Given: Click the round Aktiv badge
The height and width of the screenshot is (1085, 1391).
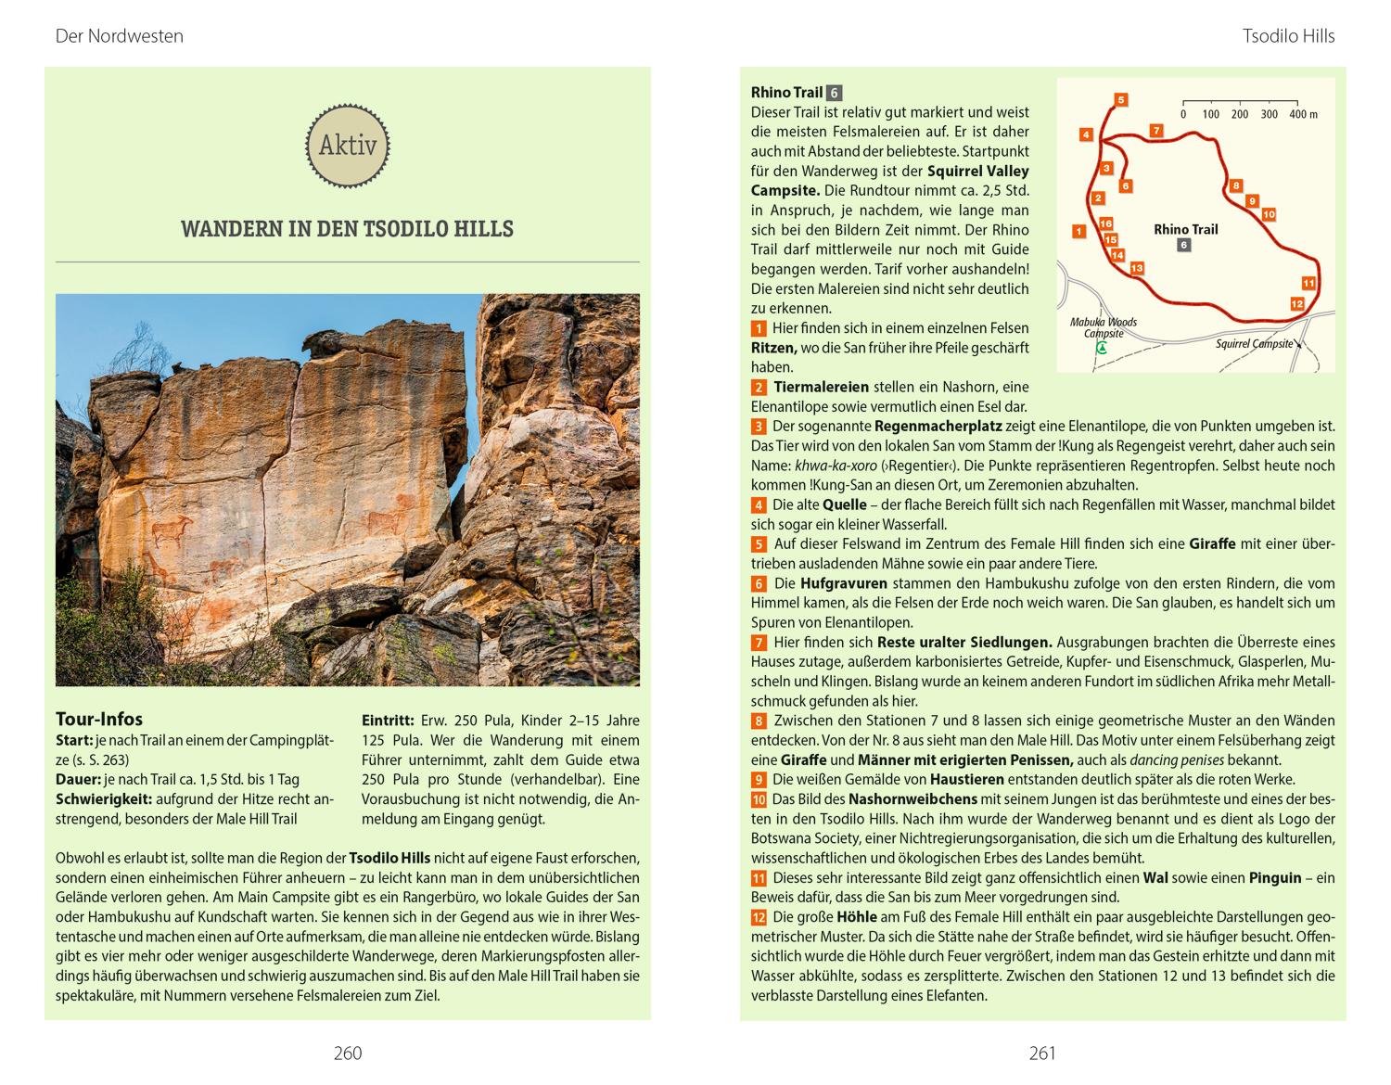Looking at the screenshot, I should pyautogui.click(x=348, y=145).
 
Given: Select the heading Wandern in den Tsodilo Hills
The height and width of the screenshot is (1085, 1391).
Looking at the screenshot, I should pyautogui.click(x=347, y=229).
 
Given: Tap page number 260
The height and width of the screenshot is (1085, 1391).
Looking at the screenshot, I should pyautogui.click(x=347, y=1053).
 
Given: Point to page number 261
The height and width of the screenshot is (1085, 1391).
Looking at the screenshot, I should pyautogui.click(x=1042, y=1053).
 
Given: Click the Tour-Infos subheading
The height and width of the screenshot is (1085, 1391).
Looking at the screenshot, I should pyautogui.click(x=99, y=719).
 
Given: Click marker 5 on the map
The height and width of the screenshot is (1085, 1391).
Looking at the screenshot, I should pyautogui.click(x=1120, y=100).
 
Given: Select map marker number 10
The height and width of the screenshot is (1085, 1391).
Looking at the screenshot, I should pyautogui.click(x=1269, y=214).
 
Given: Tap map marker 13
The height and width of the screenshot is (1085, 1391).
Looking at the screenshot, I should pyautogui.click(x=1137, y=268).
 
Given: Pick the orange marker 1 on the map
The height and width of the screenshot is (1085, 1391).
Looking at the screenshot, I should pyautogui.click(x=1078, y=231).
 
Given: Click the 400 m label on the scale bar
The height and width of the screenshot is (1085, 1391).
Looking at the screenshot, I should pyautogui.click(x=1303, y=114).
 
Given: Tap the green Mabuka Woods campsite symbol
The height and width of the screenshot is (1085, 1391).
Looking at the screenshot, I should pyautogui.click(x=1102, y=349).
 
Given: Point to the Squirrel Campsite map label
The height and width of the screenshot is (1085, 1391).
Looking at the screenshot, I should pyautogui.click(x=1254, y=344).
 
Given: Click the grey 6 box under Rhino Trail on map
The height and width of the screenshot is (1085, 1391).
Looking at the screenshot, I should pyautogui.click(x=1183, y=246).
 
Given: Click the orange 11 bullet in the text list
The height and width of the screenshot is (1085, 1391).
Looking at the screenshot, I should pyautogui.click(x=759, y=878).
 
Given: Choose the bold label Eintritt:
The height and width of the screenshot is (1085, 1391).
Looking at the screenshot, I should pyautogui.click(x=387, y=721).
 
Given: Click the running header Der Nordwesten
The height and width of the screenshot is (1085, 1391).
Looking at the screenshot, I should pyautogui.click(x=120, y=36).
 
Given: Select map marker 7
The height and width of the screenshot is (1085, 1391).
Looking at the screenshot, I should pyautogui.click(x=1155, y=131).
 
